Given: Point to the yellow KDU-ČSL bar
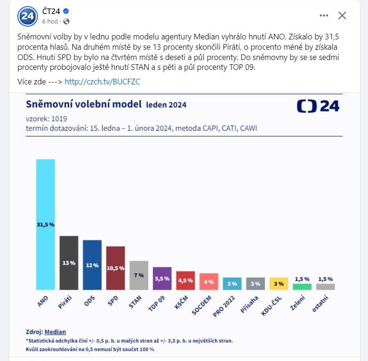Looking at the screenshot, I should [x=278, y=283].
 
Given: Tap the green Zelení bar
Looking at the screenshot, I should [x=302, y=287].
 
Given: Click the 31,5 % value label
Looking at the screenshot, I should [x=45, y=225].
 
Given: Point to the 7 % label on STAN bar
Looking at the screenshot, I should [x=139, y=275].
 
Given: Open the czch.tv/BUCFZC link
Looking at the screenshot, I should [x=102, y=81].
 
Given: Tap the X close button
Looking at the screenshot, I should [x=342, y=15].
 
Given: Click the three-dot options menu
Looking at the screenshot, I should [x=324, y=15].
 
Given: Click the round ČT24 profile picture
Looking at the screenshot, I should [x=27, y=16].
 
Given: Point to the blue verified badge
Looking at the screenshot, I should [x=67, y=11].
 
